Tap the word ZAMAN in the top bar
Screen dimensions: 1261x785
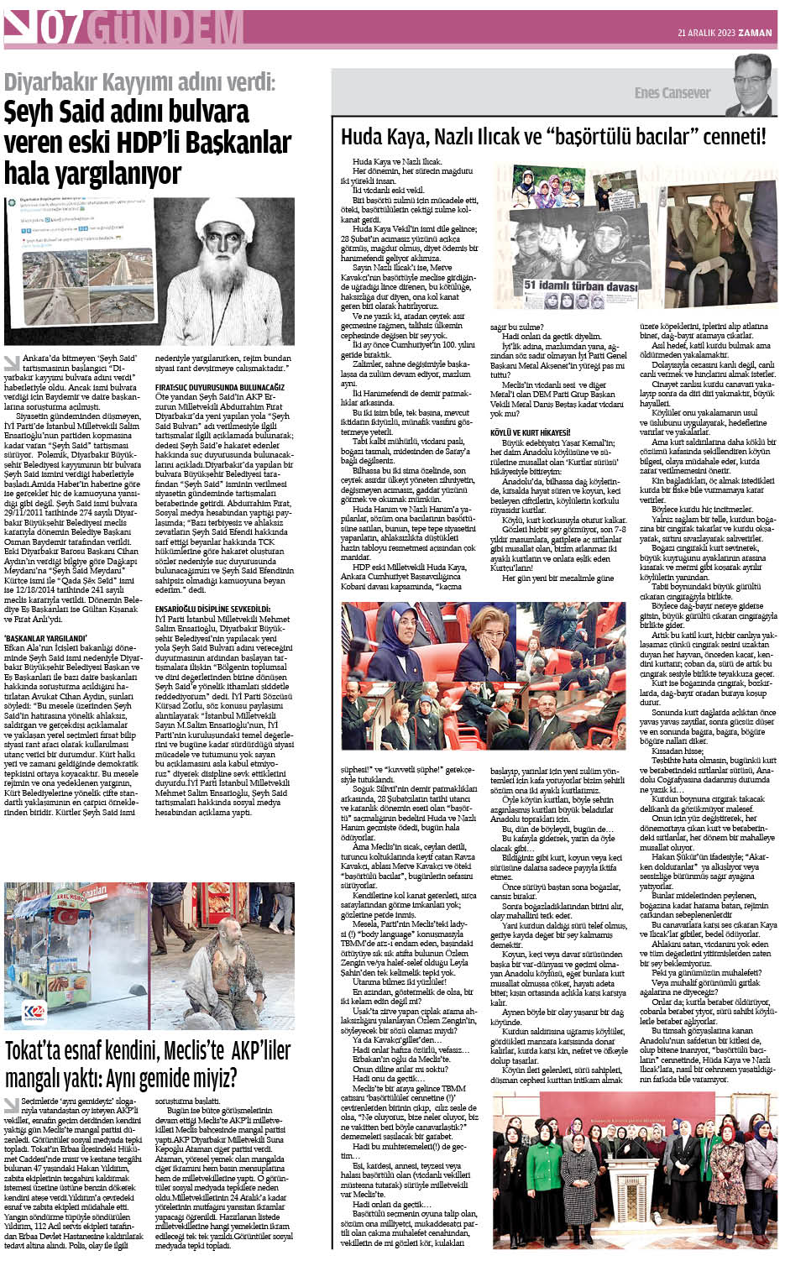tap(756, 33)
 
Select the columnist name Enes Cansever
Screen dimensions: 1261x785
tap(672, 93)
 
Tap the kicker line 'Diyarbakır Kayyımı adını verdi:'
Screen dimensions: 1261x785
tap(139, 83)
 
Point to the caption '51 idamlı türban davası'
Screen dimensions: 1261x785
tap(581, 286)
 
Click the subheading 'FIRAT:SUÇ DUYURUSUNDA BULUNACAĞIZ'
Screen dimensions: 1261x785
tap(220, 387)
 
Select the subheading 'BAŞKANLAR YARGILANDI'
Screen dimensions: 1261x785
tap(45, 639)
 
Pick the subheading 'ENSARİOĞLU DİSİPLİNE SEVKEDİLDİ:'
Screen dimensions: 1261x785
tap(212, 609)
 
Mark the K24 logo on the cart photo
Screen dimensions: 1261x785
tap(34, 1011)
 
